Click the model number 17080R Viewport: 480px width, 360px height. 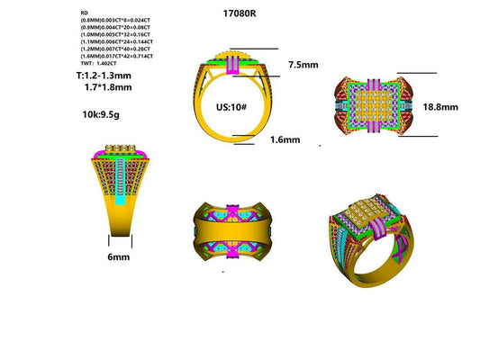point(239,13)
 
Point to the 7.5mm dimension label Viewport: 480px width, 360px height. point(303,65)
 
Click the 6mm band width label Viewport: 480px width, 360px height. point(119,256)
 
